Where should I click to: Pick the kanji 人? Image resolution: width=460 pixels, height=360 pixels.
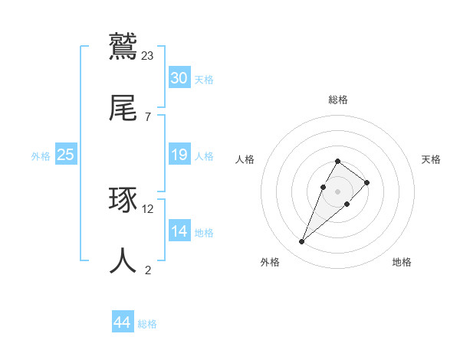click(x=123, y=261)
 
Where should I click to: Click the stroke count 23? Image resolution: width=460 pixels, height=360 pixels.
click(x=148, y=56)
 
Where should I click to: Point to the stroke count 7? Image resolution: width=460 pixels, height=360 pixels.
click(x=147, y=116)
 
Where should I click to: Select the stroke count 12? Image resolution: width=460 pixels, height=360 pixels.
click(x=148, y=208)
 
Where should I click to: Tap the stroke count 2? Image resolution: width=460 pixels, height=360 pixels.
click(x=147, y=269)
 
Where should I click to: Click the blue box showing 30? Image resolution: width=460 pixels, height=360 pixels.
click(x=179, y=78)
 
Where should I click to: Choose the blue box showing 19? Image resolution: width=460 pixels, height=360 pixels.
click(x=179, y=155)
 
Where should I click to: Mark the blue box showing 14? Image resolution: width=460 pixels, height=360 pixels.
click(x=179, y=231)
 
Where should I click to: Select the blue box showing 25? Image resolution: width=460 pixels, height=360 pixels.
click(x=65, y=155)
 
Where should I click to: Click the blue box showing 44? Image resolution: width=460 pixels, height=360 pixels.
click(x=122, y=322)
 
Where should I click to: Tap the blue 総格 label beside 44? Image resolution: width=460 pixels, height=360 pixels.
click(x=147, y=324)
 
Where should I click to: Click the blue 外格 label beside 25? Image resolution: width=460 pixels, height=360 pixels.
click(x=41, y=156)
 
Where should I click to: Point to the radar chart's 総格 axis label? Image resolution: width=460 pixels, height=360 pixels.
click(x=338, y=100)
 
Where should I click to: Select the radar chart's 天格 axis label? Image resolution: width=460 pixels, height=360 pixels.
click(x=431, y=159)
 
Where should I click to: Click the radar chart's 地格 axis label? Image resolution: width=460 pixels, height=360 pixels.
click(x=402, y=262)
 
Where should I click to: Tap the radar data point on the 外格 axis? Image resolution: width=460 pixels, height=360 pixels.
click(x=301, y=242)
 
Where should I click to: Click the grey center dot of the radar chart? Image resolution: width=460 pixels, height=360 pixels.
click(x=337, y=191)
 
